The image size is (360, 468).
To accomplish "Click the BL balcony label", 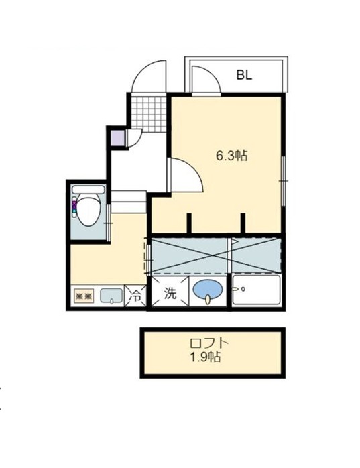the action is click(x=244, y=75).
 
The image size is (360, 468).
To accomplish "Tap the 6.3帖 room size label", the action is click(x=232, y=156).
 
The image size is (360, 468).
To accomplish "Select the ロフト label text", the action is click(x=210, y=343).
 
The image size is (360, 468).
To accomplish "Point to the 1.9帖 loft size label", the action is click(x=206, y=357).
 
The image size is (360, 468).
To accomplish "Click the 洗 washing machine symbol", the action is click(x=170, y=294).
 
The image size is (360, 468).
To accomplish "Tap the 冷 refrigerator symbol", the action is click(x=135, y=296).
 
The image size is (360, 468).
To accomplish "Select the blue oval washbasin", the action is click(x=208, y=290).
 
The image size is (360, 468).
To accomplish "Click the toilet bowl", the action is click(x=88, y=209).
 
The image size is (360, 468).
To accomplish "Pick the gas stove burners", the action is click(x=84, y=296).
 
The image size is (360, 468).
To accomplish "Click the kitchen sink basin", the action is click(x=111, y=296).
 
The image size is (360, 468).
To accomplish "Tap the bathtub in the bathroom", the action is click(x=256, y=290).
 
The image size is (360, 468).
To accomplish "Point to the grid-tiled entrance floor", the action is click(x=149, y=114).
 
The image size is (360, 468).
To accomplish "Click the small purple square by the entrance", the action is click(x=117, y=138).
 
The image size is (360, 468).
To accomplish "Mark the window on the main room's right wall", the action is click(x=283, y=181).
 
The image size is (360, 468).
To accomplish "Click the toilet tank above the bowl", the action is click(x=88, y=190).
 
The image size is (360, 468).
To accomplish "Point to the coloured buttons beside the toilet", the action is click(x=74, y=208).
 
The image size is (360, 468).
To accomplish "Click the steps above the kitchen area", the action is click(x=129, y=202).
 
